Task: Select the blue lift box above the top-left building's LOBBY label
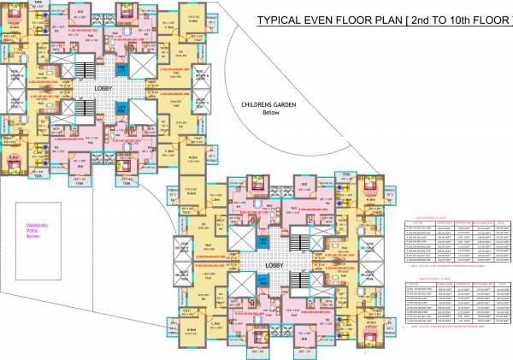(x=122, y=68)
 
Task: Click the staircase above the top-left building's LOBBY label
(x=85, y=69)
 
